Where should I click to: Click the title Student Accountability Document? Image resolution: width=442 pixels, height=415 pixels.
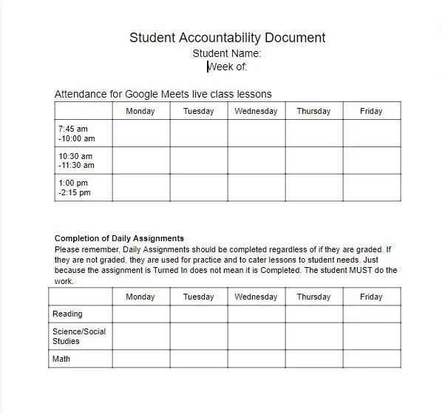click(227, 38)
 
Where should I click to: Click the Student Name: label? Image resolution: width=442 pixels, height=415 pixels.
click(227, 53)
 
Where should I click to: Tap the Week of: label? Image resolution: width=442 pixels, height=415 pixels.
click(227, 67)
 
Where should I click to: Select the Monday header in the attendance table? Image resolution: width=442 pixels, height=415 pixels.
click(140, 111)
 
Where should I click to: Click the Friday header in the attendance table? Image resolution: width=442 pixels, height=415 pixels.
click(371, 111)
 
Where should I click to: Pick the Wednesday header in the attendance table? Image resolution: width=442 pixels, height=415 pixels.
click(256, 111)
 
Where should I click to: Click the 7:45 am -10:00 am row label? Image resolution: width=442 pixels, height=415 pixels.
click(77, 134)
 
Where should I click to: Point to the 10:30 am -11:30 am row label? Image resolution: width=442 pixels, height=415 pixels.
click(76, 161)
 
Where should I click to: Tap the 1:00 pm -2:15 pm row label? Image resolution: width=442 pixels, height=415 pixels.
click(75, 188)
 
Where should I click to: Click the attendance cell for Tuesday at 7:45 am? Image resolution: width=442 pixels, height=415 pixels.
click(198, 134)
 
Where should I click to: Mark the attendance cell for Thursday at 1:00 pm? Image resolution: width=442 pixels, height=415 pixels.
click(313, 188)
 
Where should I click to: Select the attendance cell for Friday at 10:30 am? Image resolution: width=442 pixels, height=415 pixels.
click(371, 161)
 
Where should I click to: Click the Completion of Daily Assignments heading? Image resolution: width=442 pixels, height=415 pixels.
click(119, 238)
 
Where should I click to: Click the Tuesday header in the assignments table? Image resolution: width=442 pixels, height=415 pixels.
click(198, 297)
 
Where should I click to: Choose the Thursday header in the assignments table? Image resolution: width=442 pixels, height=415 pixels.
click(313, 297)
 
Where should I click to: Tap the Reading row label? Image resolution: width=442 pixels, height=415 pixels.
click(67, 314)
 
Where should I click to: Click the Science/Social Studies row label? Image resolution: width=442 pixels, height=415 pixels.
click(79, 337)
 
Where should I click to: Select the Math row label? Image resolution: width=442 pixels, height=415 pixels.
click(61, 360)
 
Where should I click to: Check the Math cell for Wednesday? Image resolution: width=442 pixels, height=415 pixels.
click(256, 360)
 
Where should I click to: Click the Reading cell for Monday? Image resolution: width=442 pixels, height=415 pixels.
click(140, 314)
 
